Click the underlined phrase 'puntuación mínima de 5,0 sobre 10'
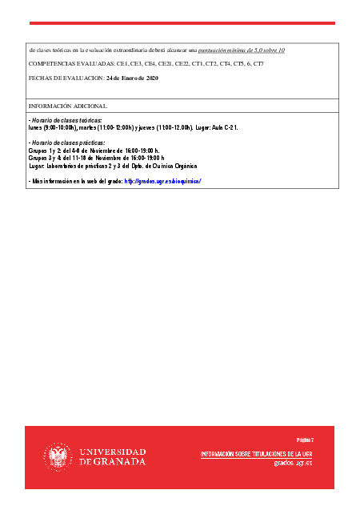[242, 50]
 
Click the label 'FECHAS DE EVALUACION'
[66, 78]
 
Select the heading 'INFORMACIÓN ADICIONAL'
[67, 106]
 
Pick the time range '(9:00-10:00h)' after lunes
[62, 126]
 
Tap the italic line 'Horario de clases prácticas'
[67, 143]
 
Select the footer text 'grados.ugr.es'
[293, 463]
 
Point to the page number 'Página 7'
[304, 440]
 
